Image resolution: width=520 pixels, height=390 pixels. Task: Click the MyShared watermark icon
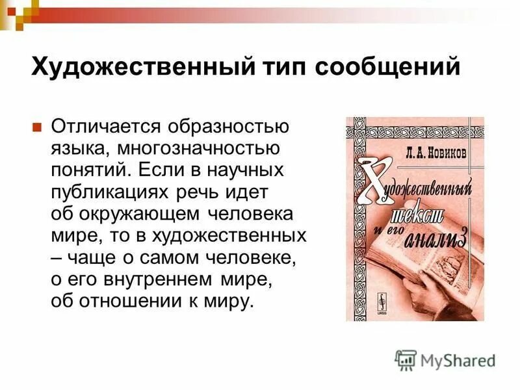406,360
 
